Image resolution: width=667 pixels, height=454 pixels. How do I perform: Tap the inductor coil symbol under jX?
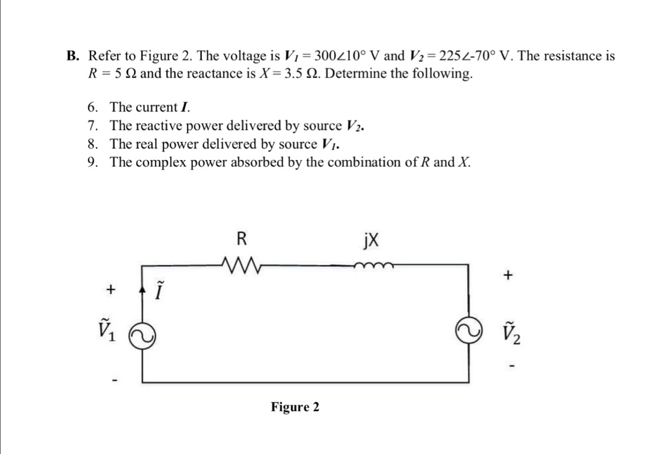tap(373, 264)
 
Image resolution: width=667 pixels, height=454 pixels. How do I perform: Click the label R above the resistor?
tap(240, 238)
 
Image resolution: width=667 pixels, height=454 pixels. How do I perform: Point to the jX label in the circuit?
tap(370, 239)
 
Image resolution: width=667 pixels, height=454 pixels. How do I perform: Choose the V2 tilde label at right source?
tap(511, 332)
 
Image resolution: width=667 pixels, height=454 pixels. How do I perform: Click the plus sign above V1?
tap(112, 287)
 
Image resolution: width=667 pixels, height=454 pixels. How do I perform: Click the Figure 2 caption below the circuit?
tap(295, 407)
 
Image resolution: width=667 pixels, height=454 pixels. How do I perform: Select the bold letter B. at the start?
tap(73, 57)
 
